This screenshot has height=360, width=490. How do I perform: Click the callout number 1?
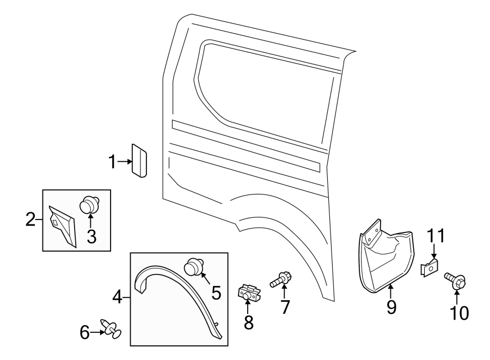(112, 162)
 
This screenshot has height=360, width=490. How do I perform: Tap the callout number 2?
(30, 220)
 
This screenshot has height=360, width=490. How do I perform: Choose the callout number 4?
(117, 297)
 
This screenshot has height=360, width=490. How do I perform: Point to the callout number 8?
(249, 322)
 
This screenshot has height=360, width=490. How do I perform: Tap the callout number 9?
(391, 307)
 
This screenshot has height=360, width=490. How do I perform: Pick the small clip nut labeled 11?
(430, 267)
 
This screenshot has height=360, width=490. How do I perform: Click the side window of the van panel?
(267, 87)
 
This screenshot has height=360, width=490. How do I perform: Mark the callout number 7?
(285, 307)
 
